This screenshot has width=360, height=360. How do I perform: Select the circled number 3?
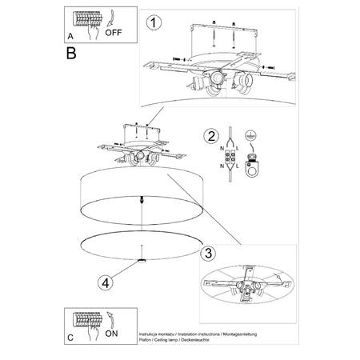(206, 254)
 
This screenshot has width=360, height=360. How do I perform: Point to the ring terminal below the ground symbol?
(254, 168)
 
